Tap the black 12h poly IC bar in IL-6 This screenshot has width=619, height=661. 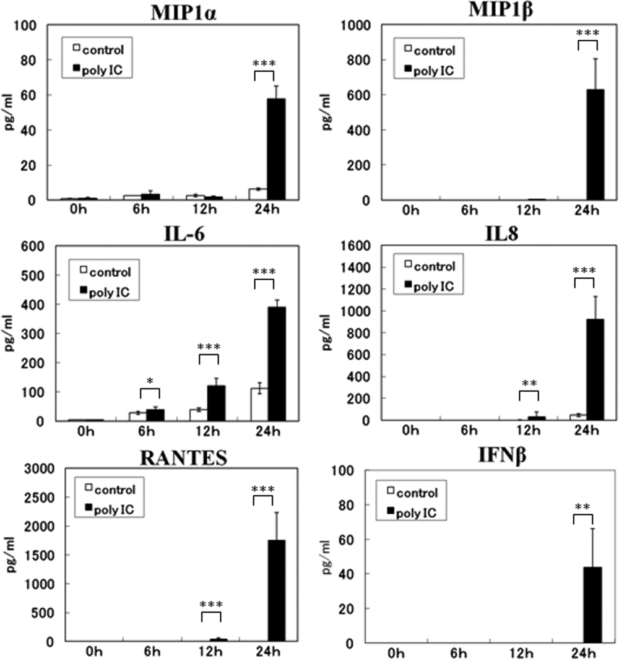(x=216, y=403)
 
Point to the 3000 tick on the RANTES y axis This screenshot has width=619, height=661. (x=40, y=469)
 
